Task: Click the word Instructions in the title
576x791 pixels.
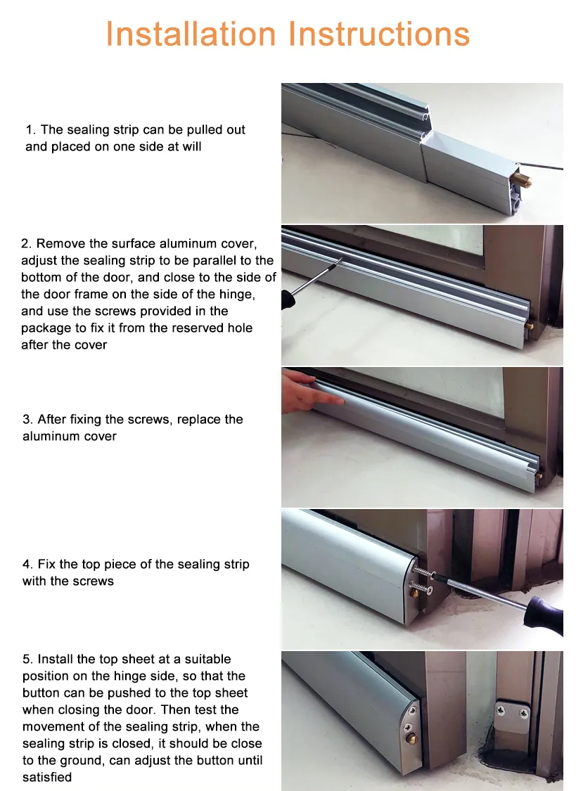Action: click(x=380, y=34)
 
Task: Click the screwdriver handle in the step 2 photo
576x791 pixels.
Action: click(x=287, y=299)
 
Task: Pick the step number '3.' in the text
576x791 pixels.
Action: click(x=27, y=420)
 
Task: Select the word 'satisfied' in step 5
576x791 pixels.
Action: click(x=46, y=778)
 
